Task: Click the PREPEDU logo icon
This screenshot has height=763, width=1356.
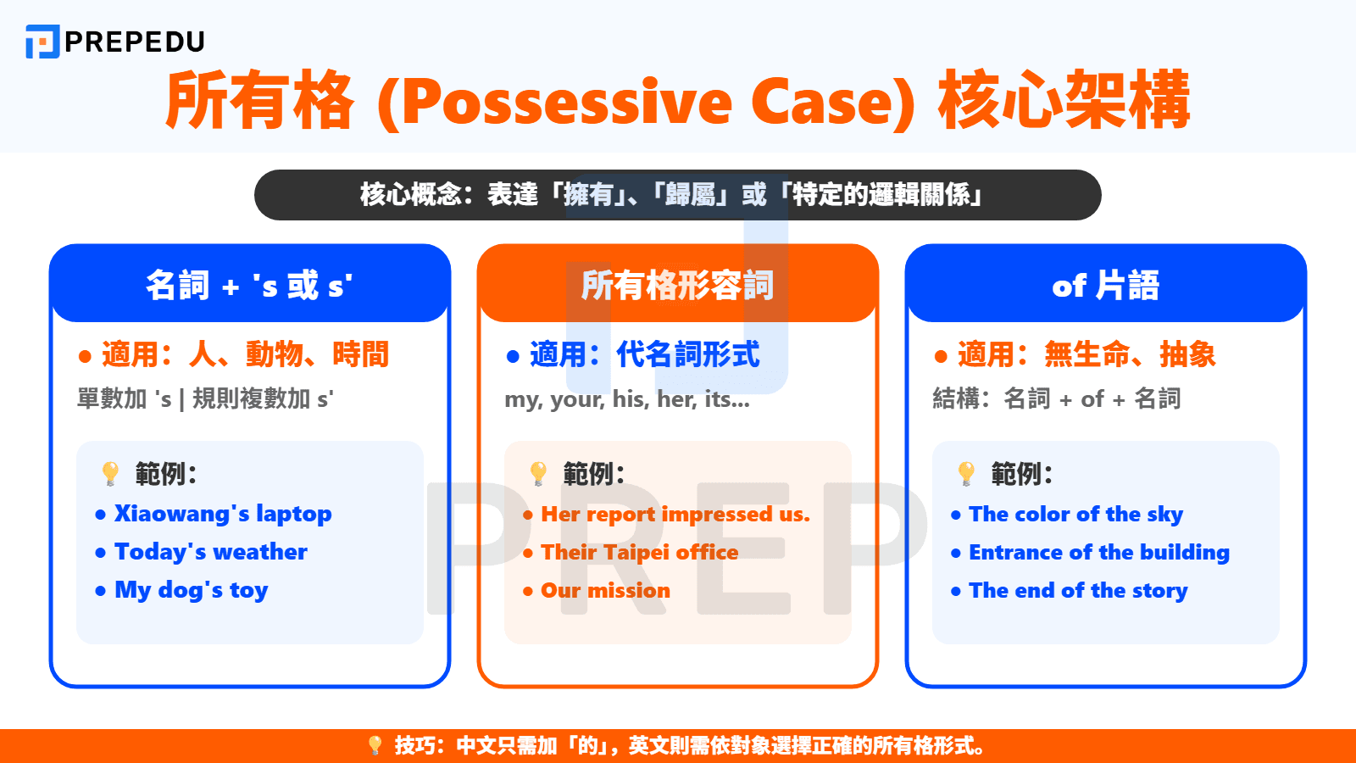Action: tap(42, 42)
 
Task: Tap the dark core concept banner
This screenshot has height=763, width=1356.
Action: tap(677, 195)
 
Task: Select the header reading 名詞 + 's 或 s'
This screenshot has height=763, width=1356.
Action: tap(249, 286)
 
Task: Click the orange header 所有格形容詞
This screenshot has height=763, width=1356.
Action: tap(677, 286)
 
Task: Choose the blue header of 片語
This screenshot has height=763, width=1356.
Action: tap(1105, 286)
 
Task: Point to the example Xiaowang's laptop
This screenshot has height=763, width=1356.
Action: tap(223, 514)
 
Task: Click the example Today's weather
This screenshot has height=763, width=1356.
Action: tap(211, 552)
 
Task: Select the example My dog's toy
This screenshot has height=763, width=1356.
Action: tap(192, 590)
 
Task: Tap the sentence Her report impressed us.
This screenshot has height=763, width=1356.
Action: tap(675, 515)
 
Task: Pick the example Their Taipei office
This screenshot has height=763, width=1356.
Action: tap(640, 553)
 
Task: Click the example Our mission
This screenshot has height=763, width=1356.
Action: tap(605, 591)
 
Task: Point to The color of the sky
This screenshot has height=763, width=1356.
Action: tap(1075, 515)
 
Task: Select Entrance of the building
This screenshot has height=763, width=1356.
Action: tap(1098, 553)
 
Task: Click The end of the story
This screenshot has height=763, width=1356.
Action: tap(1078, 591)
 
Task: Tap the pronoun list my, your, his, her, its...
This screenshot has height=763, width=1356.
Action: tap(627, 398)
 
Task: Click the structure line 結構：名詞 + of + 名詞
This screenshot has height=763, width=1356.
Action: tap(1056, 398)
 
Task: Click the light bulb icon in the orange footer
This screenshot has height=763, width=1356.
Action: tap(375, 746)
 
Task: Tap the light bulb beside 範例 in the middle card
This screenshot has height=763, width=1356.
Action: tap(538, 473)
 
